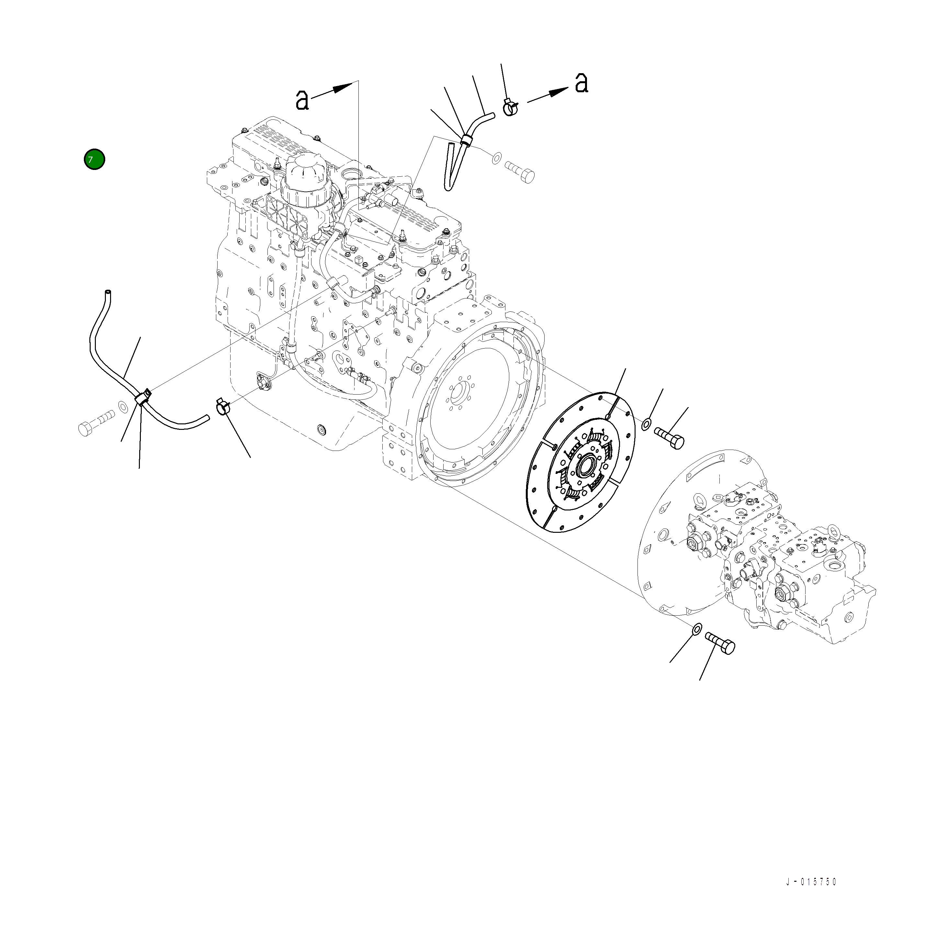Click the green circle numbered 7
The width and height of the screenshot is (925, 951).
click(x=94, y=159)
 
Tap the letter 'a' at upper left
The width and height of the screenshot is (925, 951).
click(x=302, y=100)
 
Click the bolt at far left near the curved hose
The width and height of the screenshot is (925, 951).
click(x=96, y=424)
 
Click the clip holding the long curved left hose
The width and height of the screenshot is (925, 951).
click(x=143, y=397)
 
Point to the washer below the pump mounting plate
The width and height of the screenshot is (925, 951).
click(x=696, y=629)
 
